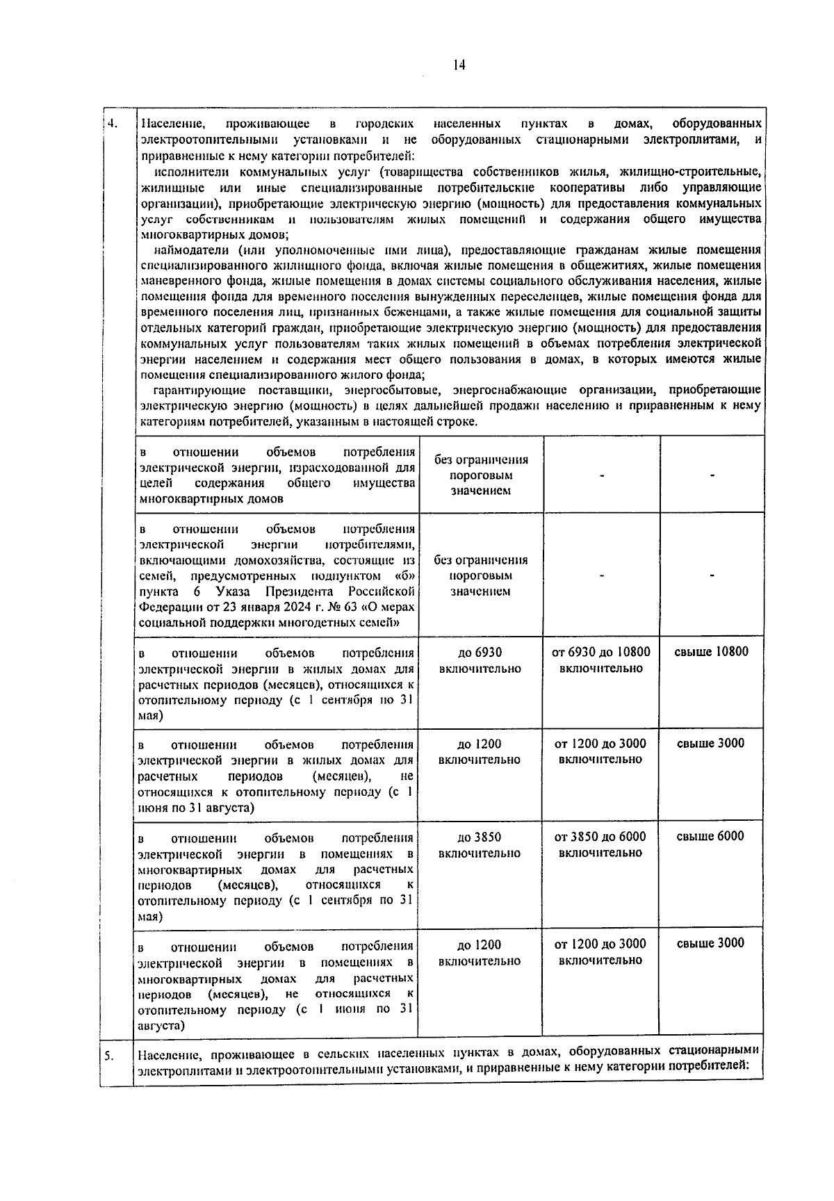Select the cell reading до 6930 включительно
(480, 660)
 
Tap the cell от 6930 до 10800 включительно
(601, 660)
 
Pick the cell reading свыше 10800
(712, 652)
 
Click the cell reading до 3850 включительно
(480, 844)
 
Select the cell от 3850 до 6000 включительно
(601, 844)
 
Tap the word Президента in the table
(304, 591)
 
